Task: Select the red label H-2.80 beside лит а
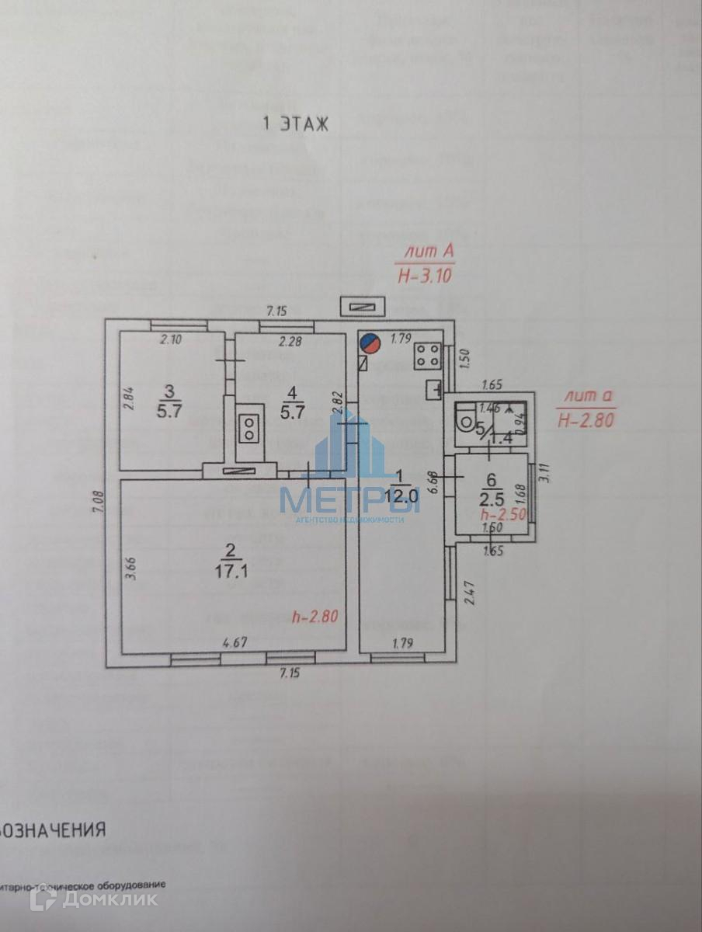tap(586, 420)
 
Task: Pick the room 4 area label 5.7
tap(292, 412)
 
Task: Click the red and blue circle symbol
tap(371, 343)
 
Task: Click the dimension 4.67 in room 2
tap(235, 642)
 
